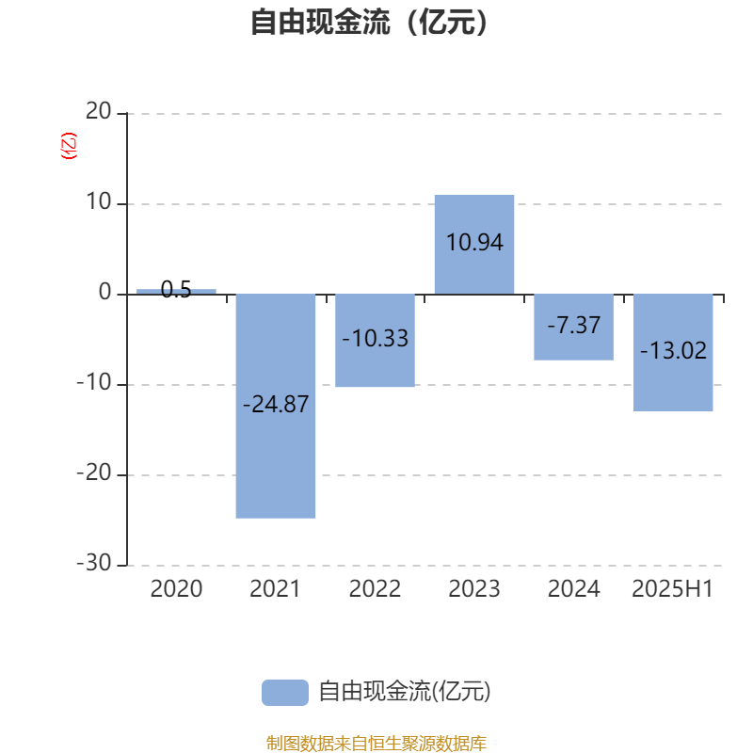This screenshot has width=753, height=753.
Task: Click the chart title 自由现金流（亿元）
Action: pos(369,23)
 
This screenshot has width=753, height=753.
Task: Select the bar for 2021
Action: pos(276,407)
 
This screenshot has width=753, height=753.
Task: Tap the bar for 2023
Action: pos(474,245)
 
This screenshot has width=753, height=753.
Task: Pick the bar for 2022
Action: pos(375,341)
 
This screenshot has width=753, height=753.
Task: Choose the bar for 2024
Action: pos(574,327)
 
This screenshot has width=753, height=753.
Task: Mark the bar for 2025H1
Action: pos(673,353)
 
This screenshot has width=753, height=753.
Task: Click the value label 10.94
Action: pos(474,242)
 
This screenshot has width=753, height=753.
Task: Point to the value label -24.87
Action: pos(276,405)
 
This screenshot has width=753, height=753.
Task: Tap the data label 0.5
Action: pos(176,290)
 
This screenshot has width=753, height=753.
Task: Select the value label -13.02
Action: pos(673,350)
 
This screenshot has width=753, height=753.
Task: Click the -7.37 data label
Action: pos(574,325)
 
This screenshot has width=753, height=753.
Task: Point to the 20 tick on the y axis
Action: pos(99,111)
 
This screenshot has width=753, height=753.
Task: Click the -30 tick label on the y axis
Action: pos(94,563)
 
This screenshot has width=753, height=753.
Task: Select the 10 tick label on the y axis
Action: pos(99,201)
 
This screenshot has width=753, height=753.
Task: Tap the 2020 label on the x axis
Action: pos(176,589)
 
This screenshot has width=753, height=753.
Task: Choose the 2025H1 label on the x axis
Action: pos(672,589)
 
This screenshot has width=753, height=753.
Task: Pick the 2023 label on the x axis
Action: pos(474,589)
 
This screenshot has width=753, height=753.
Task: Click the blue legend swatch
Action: pos(285,693)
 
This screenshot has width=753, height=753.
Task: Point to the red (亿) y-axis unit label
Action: pos(69,146)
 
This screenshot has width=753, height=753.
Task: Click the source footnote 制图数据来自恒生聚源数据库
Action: pos(376,743)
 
